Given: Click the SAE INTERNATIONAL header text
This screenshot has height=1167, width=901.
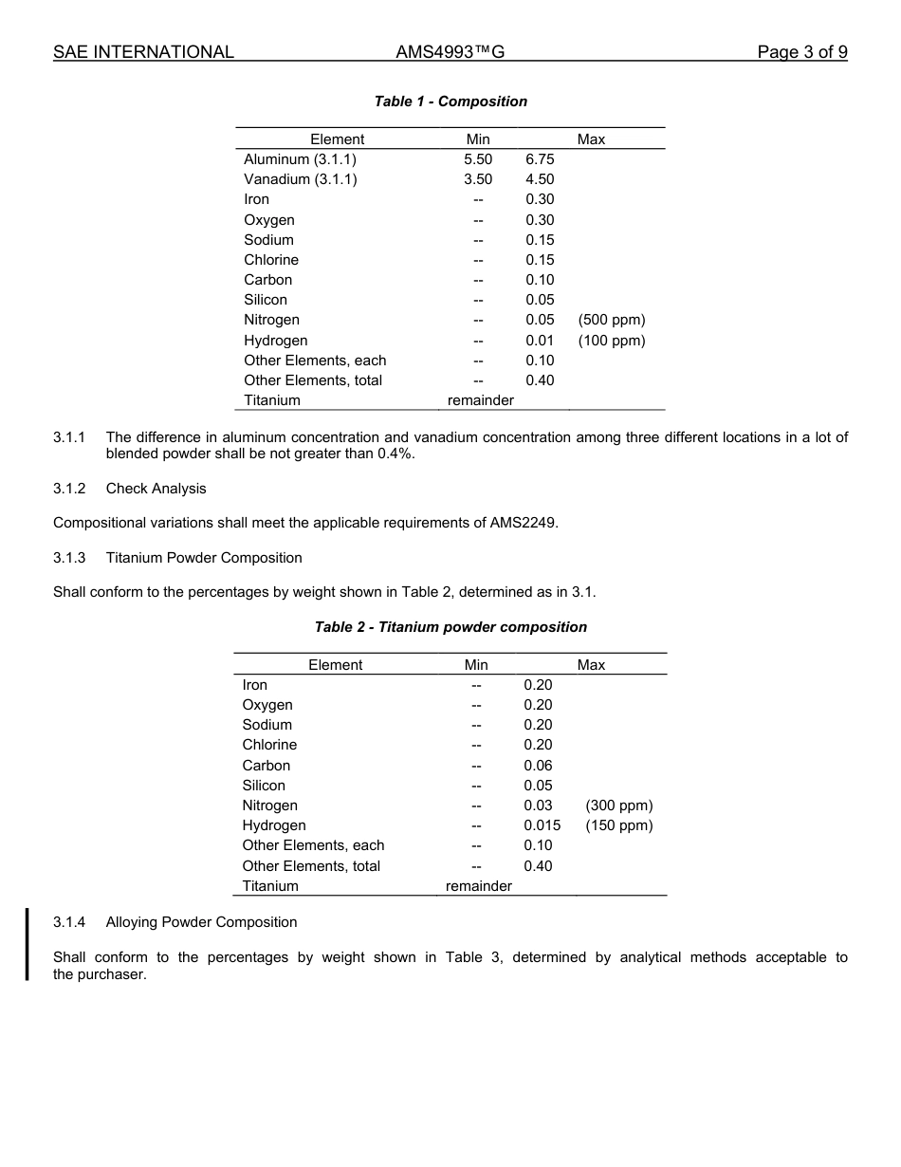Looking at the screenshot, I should pos(143,52).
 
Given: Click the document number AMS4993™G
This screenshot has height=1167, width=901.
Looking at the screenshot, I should pos(450,52).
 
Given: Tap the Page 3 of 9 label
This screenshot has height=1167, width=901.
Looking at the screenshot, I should pos(801,52).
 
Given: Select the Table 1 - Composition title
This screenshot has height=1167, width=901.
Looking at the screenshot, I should pos(450,102).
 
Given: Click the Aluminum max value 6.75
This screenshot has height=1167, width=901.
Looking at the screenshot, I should pos(540,159).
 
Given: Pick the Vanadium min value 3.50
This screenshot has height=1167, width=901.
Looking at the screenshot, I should pos(478,179).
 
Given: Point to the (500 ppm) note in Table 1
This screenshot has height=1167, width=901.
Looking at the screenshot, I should pos(611,320).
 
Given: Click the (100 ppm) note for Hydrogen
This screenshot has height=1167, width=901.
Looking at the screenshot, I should pos(611,341).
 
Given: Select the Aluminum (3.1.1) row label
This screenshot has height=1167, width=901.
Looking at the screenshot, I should pos(300,159).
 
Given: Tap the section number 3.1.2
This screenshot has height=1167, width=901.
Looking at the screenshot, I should pos(69,489).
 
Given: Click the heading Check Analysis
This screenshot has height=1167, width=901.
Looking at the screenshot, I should pos(156,489).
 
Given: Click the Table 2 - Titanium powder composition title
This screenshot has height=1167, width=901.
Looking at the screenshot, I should pos(450,627).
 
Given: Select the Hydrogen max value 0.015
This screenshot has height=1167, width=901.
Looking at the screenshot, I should pos(542,825).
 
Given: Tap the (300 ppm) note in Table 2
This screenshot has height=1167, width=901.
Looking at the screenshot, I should pos(618,806).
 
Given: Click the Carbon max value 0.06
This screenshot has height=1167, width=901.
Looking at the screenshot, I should pos(538,766).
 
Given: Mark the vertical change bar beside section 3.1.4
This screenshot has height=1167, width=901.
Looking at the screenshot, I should pos(28,943).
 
